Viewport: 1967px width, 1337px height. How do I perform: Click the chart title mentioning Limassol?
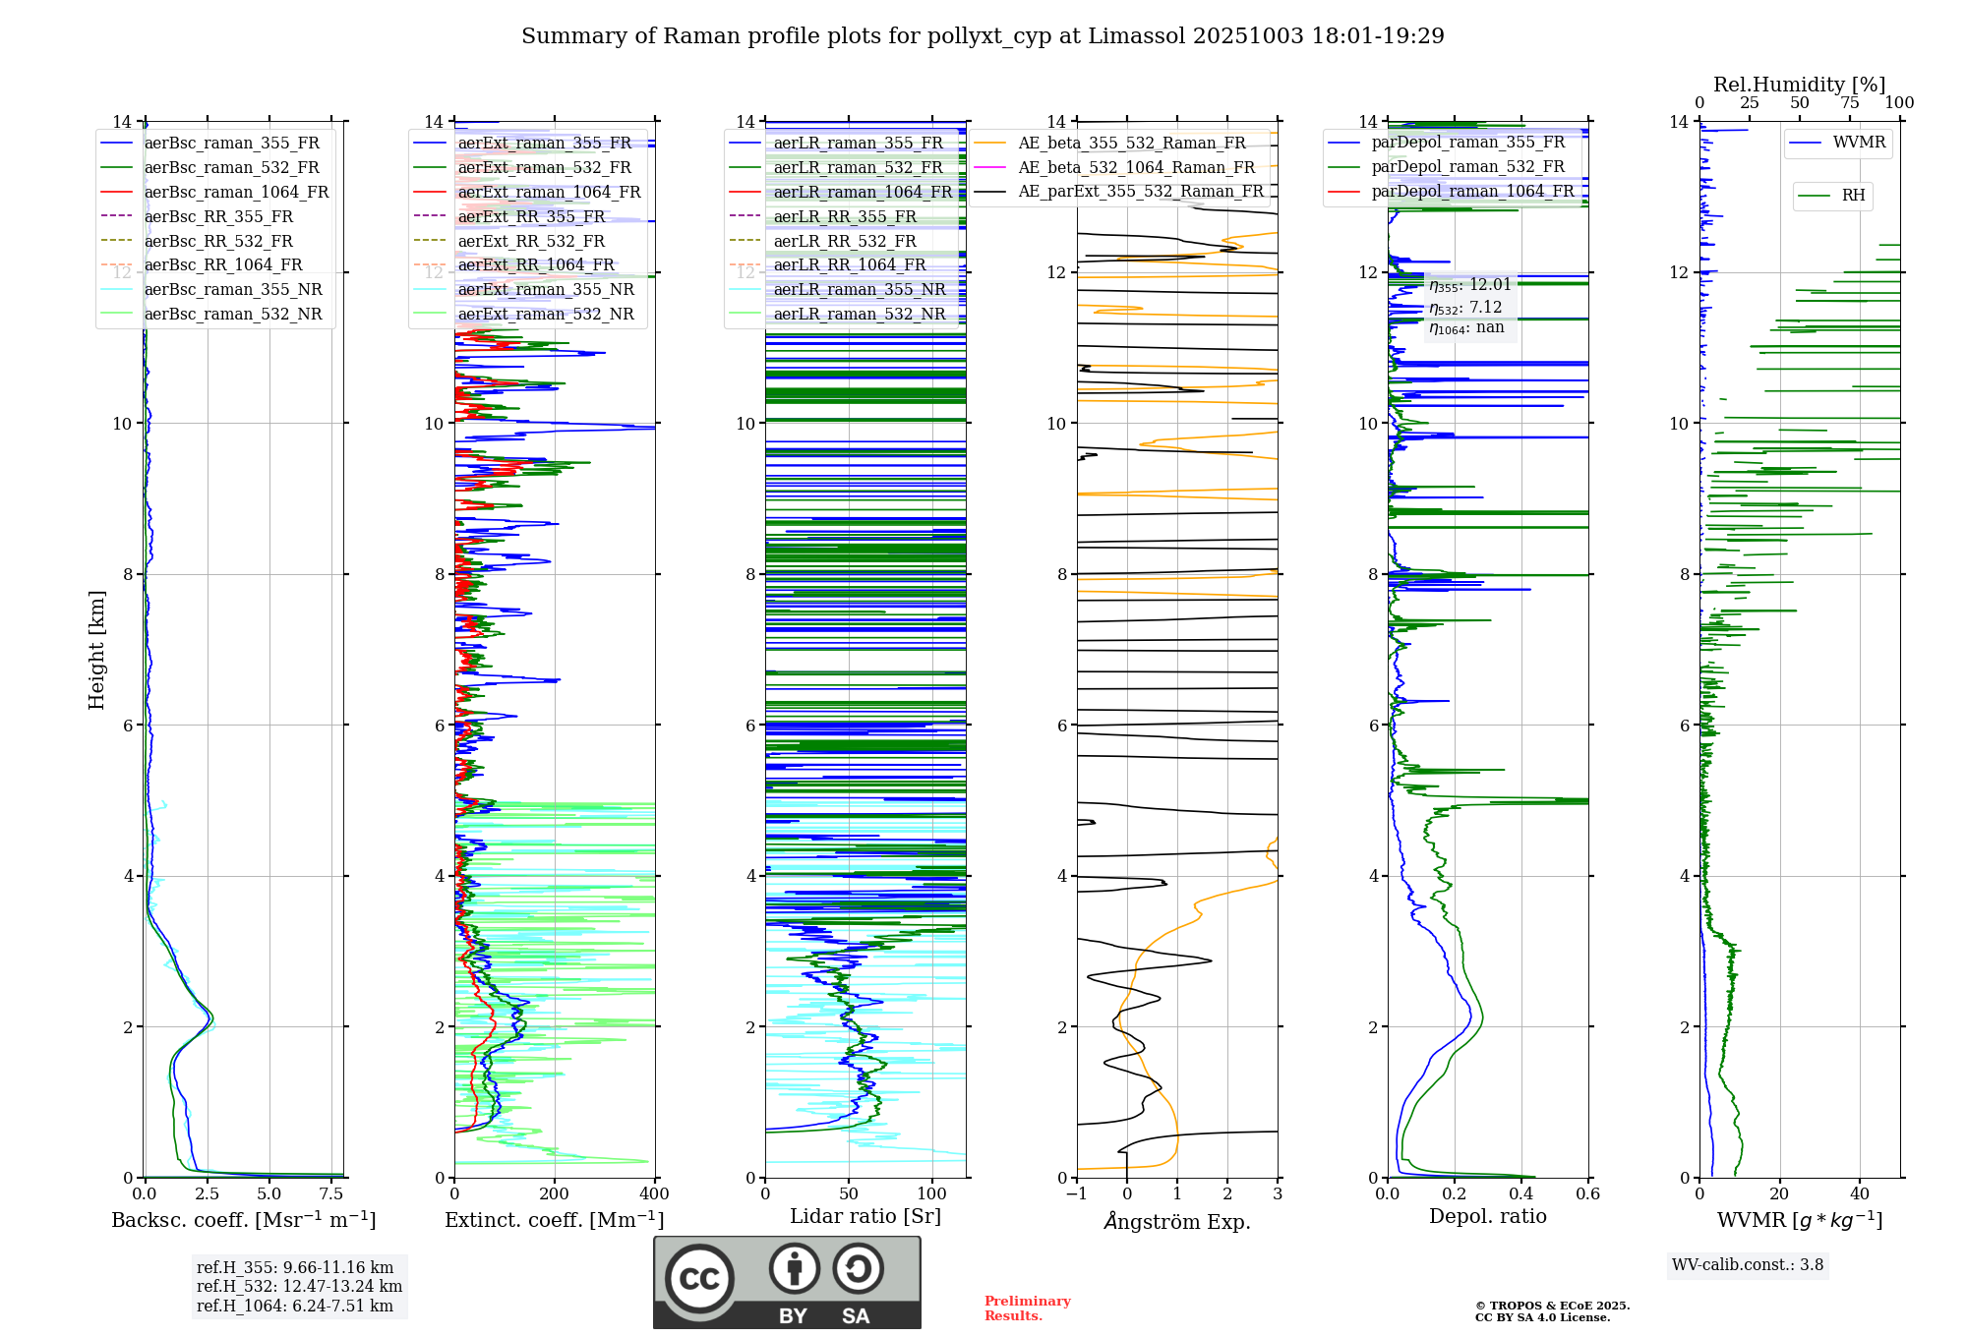(x=983, y=36)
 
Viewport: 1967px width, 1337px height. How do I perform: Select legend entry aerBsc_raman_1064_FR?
(x=236, y=192)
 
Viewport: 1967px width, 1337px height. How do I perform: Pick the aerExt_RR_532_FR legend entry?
(x=531, y=241)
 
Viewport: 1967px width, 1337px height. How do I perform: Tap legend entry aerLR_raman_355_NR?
(x=859, y=289)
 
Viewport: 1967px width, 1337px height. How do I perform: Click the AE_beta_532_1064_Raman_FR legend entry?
(x=1136, y=167)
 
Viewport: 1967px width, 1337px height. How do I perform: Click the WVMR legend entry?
(x=1859, y=143)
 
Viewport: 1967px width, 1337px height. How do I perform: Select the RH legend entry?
(x=1853, y=196)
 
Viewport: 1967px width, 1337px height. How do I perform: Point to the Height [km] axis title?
(x=96, y=650)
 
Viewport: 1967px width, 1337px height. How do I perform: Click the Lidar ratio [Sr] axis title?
(x=865, y=1216)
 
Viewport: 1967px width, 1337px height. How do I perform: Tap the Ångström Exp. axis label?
(x=1177, y=1221)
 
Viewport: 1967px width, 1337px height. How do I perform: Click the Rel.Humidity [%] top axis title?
(x=1799, y=85)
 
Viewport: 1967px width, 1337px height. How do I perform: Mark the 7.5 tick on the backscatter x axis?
(x=331, y=1194)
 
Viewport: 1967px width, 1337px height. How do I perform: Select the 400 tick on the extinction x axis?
(x=654, y=1194)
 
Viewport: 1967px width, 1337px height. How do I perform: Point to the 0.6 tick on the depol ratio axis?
(x=1587, y=1194)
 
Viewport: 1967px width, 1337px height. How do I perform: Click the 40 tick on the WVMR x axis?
(x=1859, y=1194)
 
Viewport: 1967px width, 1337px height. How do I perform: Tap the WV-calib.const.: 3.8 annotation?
(x=1748, y=1265)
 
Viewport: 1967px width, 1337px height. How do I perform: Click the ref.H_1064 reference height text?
(x=295, y=1306)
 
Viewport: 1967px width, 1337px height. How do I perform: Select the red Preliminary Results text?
(x=1027, y=1308)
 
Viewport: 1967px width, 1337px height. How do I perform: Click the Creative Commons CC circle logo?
(x=699, y=1279)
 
